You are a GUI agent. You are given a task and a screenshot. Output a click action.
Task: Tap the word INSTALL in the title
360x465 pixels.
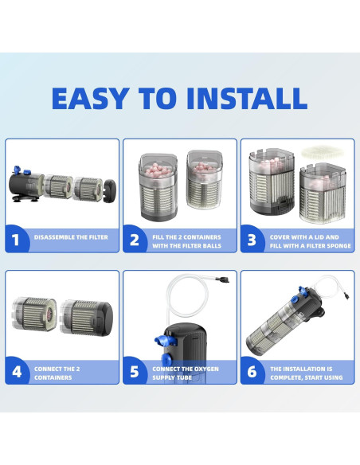(x=247, y=99)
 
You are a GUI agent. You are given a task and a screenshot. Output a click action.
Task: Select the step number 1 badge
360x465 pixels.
(x=16, y=239)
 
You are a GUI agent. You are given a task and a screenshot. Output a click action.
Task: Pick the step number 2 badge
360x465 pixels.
(x=135, y=239)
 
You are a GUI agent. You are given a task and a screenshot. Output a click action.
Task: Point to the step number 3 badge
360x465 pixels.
(x=252, y=239)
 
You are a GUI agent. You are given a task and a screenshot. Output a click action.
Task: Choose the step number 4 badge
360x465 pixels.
(x=17, y=371)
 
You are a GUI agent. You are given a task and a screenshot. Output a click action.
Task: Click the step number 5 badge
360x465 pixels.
(x=135, y=371)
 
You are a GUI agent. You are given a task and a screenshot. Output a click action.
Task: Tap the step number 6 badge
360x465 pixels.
(x=252, y=371)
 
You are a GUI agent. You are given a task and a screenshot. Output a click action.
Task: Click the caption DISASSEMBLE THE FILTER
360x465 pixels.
(x=71, y=237)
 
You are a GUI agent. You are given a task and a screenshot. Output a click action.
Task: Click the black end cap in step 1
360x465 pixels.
(x=111, y=190)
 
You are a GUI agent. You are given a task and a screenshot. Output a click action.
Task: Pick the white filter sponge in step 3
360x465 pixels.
(x=323, y=152)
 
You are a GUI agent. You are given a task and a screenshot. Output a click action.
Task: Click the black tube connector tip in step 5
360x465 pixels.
(x=222, y=279)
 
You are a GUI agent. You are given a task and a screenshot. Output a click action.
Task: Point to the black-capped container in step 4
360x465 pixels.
(x=87, y=318)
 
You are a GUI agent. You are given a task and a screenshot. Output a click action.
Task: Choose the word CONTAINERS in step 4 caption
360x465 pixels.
(x=53, y=377)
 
